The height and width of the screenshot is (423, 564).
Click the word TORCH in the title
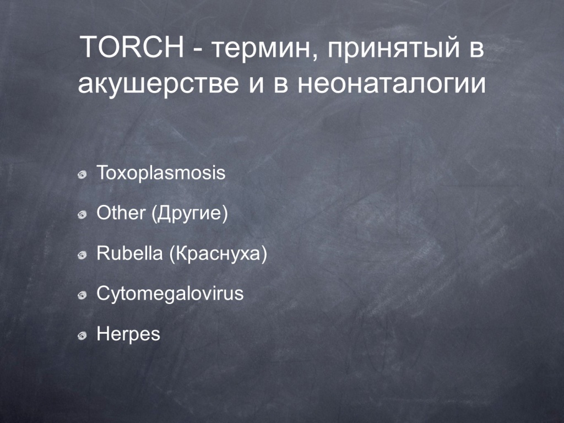pyautogui.click(x=132, y=47)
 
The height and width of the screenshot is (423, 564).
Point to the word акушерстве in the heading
pyautogui.click(x=158, y=85)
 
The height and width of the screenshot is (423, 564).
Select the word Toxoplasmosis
pyautogui.click(x=161, y=172)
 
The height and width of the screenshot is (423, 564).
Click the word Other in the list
pyautogui.click(x=121, y=213)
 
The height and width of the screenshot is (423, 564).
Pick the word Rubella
pyautogui.click(x=129, y=253)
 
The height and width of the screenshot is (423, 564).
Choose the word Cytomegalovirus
pyautogui.click(x=170, y=294)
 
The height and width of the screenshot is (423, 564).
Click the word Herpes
pyautogui.click(x=128, y=334)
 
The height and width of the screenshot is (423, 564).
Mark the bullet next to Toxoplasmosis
pyautogui.click(x=83, y=175)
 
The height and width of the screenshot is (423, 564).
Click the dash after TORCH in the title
pyautogui.click(x=197, y=51)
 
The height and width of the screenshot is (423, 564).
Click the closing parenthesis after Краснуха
pyautogui.click(x=264, y=254)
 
